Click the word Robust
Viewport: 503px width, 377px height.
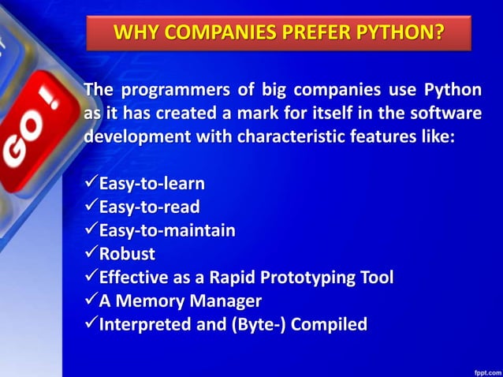pyautogui.click(x=126, y=254)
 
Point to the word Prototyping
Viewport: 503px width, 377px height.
pyautogui.click(x=304, y=278)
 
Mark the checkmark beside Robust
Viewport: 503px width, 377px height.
pyautogui.click(x=89, y=254)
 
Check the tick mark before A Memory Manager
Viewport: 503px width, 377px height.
pyautogui.click(x=89, y=300)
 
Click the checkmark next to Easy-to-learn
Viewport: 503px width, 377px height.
pyautogui.click(x=89, y=184)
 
